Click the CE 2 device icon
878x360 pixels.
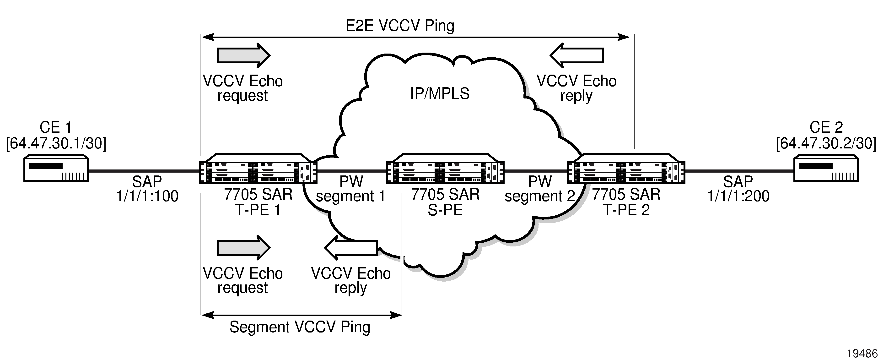(x=826, y=169)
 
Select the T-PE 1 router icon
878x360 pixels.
(x=258, y=169)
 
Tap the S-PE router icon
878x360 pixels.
(x=445, y=169)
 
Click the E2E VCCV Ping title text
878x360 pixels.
(x=400, y=26)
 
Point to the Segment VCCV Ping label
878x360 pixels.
(x=300, y=327)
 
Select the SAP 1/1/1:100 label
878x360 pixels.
(x=147, y=189)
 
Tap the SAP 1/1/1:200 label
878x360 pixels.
(x=738, y=189)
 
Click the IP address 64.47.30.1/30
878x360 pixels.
(x=56, y=143)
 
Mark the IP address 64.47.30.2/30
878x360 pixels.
(x=826, y=143)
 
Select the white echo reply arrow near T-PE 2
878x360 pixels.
(x=577, y=55)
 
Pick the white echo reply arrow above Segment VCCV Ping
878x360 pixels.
(x=351, y=247)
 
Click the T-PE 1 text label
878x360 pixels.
(x=258, y=210)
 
